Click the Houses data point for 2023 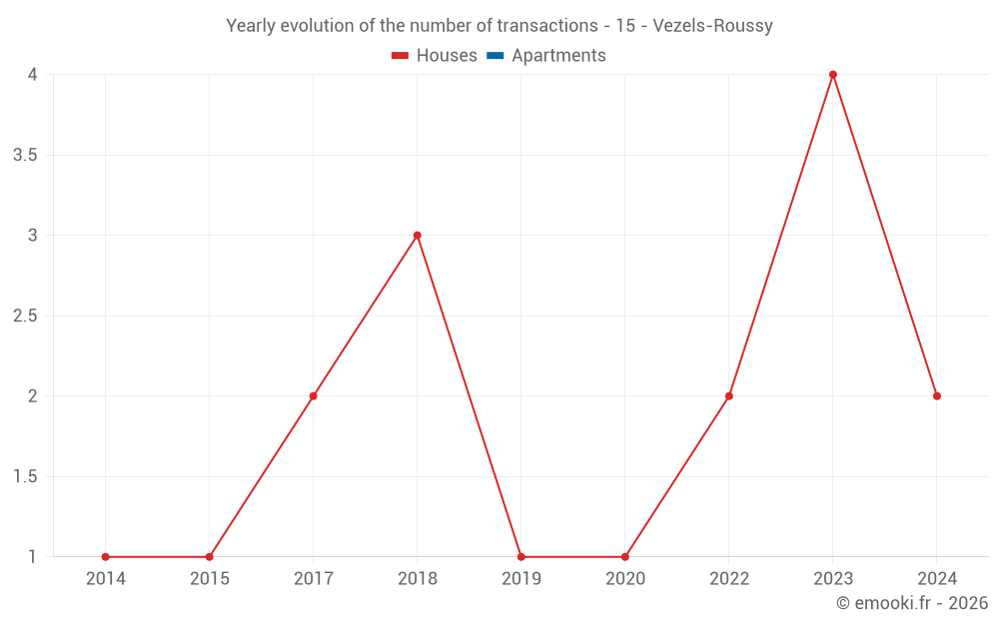833,75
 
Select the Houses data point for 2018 418,236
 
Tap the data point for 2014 106,557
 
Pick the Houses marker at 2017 314,396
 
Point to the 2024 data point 937,396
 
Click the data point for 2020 625,557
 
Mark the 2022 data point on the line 729,396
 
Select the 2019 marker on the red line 521,557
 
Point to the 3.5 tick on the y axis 25,155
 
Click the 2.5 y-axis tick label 25,315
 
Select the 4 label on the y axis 32,75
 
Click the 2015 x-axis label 210,579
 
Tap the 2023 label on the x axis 833,579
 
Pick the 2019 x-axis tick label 521,579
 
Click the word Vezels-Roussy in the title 712,26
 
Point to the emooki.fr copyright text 911,603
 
